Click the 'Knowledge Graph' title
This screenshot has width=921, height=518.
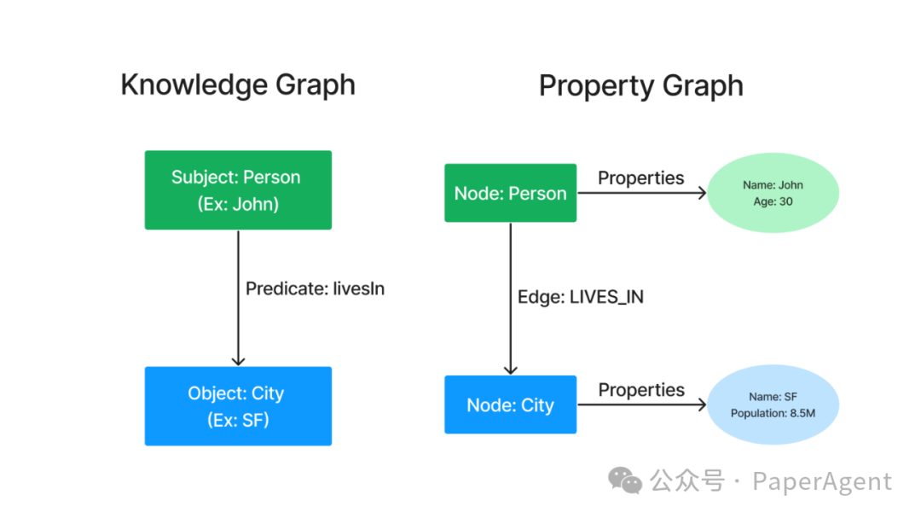pos(238,85)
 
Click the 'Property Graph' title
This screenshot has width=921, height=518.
pos(641,85)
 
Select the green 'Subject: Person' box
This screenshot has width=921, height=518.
pos(237,189)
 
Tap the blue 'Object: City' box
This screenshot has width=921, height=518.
pos(237,406)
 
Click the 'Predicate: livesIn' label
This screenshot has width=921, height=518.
pos(315,288)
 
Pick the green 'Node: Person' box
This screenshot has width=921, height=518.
pos(510,193)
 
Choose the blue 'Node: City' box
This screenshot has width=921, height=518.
pos(510,405)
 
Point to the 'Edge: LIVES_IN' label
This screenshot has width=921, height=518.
pos(580,297)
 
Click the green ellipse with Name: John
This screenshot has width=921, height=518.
pos(773,193)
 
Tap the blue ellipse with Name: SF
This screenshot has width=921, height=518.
pos(773,405)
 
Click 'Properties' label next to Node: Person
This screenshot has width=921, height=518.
pos(640,178)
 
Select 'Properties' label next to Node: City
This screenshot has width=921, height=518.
pos(640,389)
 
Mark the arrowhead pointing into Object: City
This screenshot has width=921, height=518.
pos(238,360)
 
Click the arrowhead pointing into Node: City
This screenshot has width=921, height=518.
pos(510,369)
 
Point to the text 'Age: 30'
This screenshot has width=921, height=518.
pos(773,201)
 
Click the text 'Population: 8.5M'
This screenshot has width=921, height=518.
pos(773,413)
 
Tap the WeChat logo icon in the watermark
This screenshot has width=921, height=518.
pos(625,481)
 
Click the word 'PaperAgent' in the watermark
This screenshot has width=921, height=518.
pos(821,481)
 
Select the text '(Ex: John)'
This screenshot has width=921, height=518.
pos(237,204)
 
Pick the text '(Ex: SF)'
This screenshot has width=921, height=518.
pos(237,420)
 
